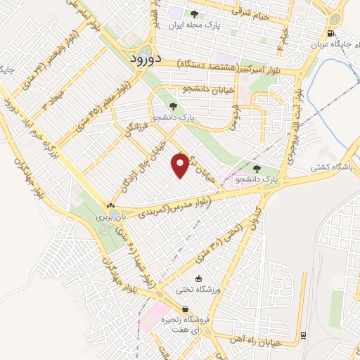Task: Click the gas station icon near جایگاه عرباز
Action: (330, 32)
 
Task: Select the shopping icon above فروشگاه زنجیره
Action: (185, 309)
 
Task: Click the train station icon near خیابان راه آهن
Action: (303, 334)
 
